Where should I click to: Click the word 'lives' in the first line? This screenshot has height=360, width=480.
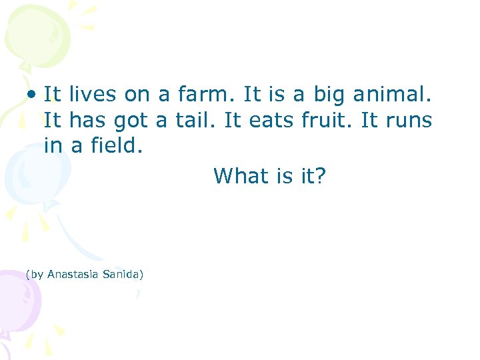click(91, 95)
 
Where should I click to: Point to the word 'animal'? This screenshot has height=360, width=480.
click(397, 95)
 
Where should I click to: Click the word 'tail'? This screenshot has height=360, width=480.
click(197, 121)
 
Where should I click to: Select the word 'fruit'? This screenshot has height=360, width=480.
click(328, 121)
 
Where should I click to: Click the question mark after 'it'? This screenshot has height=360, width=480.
click(320, 176)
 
